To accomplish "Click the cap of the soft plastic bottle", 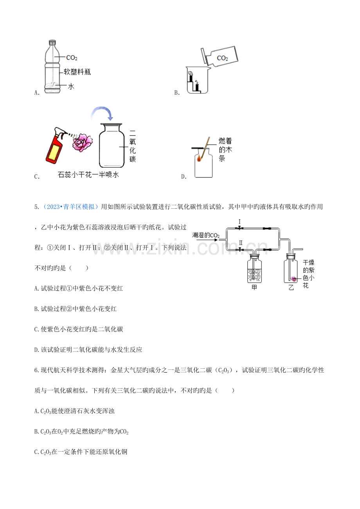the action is (52, 42).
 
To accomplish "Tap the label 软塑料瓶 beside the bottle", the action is (77, 72).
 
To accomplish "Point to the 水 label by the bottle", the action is (71, 86).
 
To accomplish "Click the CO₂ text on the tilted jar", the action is (222, 58).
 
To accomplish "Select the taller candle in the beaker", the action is (191, 78).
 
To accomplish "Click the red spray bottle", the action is (56, 145).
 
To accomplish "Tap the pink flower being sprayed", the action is (83, 142).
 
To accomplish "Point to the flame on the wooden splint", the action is (199, 158).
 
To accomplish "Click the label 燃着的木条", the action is (225, 149).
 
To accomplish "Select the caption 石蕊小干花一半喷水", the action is (88, 174).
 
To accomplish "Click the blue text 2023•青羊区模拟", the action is (70, 207).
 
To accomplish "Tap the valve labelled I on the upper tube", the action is (239, 228).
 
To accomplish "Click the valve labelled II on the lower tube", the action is (240, 249).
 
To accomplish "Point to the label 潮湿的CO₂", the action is (206, 235).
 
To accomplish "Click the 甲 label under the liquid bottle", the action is (254, 288).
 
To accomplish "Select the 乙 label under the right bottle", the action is (291, 288).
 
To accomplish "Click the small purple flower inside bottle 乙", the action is (294, 279).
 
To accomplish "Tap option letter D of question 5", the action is (37, 350).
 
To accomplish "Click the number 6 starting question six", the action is (36, 370).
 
